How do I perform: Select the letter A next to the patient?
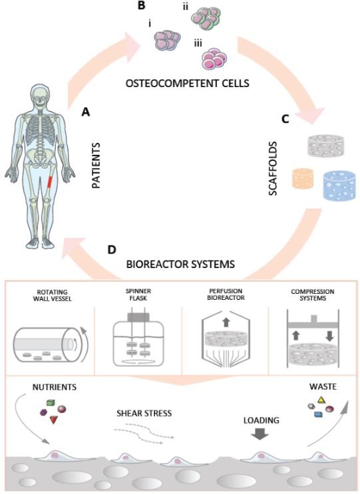coord(85,112)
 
